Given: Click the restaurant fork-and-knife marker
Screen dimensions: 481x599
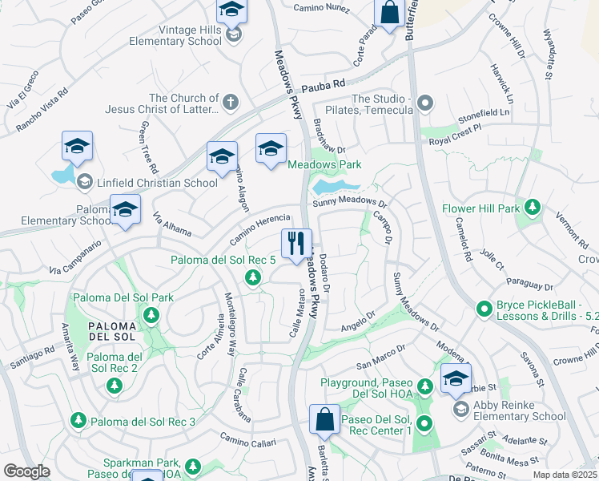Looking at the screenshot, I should [296, 243].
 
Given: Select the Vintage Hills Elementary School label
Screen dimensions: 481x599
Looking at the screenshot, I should [178, 41].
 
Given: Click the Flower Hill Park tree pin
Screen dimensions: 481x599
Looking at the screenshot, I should [530, 209].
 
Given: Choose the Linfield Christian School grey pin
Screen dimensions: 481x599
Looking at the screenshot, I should [84, 183].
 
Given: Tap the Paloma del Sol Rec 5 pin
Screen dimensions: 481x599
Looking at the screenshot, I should [253, 277].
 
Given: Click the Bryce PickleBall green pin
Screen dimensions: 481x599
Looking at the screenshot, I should [484, 308].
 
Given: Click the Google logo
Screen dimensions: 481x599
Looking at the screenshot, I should [26, 471].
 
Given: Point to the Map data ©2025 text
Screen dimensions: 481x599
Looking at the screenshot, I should [565, 475].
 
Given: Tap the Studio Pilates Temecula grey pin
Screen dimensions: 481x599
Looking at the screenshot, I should [424, 103].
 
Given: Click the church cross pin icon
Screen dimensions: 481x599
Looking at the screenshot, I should [230, 102].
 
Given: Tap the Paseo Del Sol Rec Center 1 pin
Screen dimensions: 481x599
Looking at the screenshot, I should [424, 424].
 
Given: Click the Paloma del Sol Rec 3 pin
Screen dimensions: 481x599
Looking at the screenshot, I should [78, 419].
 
